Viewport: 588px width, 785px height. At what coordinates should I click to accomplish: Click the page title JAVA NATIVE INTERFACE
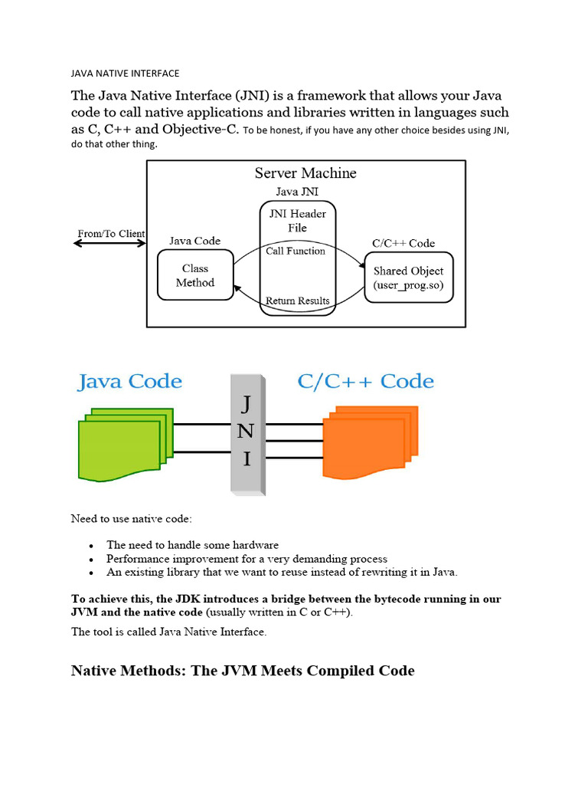coord(125,74)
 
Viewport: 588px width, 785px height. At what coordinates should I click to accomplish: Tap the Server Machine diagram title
coord(305,173)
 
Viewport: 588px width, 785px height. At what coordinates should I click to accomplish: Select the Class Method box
coord(195,276)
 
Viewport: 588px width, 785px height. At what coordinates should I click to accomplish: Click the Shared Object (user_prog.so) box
coord(407,278)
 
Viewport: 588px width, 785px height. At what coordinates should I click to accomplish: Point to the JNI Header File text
coord(297,221)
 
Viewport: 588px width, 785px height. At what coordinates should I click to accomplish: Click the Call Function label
coord(296,251)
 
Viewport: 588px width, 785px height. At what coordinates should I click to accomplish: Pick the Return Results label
coord(297,301)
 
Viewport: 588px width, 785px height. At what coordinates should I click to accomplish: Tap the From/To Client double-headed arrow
coord(110,244)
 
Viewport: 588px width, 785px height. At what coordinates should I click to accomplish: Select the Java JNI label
coord(297,192)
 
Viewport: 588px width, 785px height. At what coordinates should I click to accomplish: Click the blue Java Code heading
coord(129,382)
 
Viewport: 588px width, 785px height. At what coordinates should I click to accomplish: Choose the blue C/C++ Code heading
coord(364,382)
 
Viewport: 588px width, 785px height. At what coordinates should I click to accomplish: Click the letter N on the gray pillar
coord(245,431)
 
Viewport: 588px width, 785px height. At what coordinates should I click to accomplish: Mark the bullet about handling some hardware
coord(192,545)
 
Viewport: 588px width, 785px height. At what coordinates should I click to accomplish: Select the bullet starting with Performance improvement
coord(247,559)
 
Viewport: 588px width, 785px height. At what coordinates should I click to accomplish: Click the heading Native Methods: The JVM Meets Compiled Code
coord(243,671)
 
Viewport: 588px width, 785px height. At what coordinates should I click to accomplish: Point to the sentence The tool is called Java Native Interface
coord(169,632)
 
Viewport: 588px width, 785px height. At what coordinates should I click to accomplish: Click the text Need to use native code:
coord(131,519)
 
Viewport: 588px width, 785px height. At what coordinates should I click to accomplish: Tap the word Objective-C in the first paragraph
coord(198,129)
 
